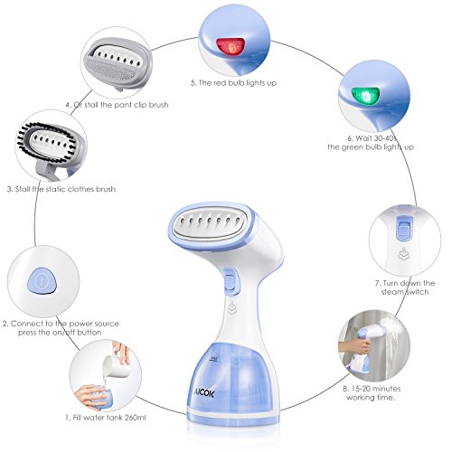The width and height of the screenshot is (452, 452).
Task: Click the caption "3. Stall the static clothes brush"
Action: (65, 190)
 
